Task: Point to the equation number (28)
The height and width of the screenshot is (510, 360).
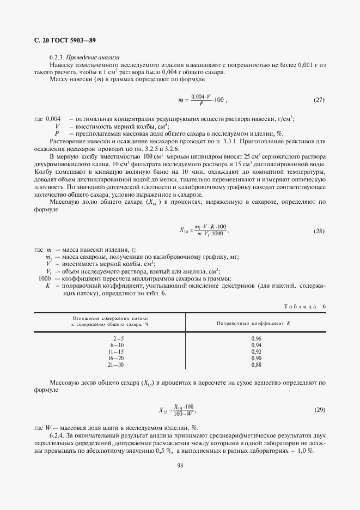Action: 319,231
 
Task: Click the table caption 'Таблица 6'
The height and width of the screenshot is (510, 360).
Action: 305,307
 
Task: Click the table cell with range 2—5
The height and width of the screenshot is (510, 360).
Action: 117,338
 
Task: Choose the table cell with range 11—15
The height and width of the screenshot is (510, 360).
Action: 117,351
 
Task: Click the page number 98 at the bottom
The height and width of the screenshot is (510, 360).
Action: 180,465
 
